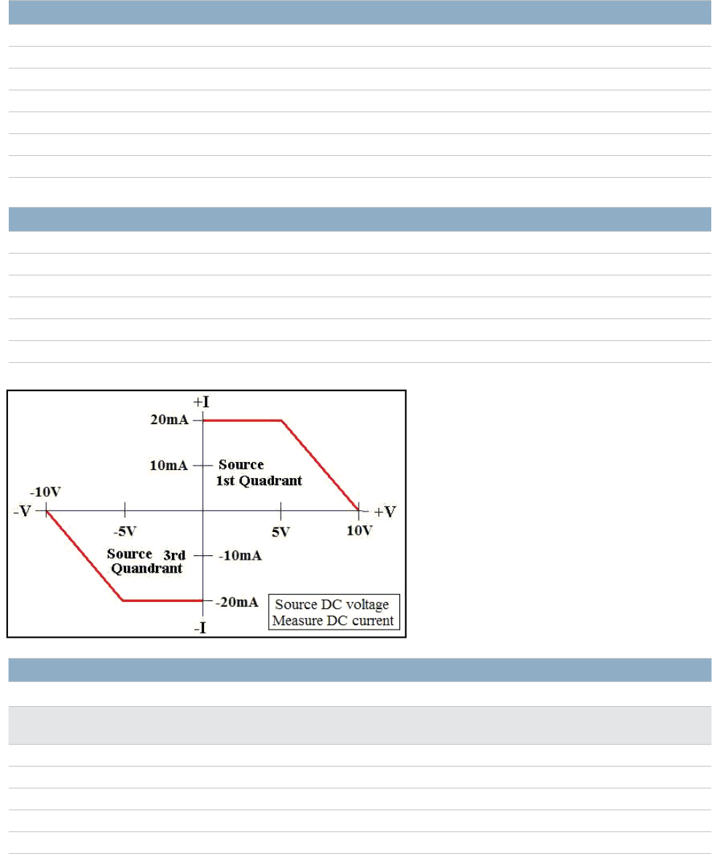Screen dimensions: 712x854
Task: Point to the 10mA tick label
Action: coord(169,465)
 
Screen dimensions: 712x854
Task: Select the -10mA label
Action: coord(240,555)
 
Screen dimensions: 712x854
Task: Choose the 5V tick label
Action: coord(281,531)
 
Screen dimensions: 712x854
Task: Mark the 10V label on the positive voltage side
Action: coord(359,530)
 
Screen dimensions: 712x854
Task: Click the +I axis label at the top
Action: coord(202,401)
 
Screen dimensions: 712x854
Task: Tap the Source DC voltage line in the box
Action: coord(333,605)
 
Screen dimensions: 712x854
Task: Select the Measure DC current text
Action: coord(333,621)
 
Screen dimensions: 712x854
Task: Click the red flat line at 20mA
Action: coord(242,420)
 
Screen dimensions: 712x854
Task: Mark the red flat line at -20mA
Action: coord(163,600)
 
